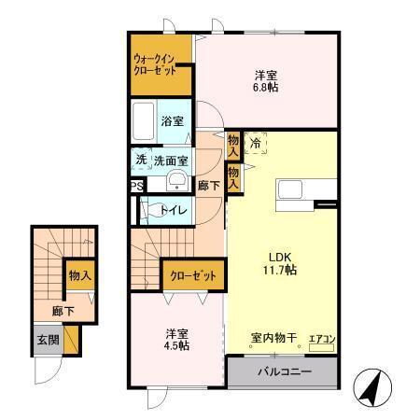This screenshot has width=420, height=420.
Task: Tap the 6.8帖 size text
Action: tap(267, 88)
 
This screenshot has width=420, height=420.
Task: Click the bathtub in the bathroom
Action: tap(144, 121)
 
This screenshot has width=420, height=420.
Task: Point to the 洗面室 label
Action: tap(172, 160)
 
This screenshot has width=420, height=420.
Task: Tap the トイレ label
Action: tap(175, 210)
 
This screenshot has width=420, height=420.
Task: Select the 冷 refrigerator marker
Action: tap(255, 144)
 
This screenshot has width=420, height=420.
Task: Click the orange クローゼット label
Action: tap(194, 275)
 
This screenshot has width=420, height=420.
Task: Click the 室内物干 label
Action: tap(273, 337)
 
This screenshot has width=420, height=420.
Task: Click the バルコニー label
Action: tap(281, 372)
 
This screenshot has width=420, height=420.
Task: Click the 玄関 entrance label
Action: tap(48, 340)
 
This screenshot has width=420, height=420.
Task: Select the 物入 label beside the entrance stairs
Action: tap(79, 275)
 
